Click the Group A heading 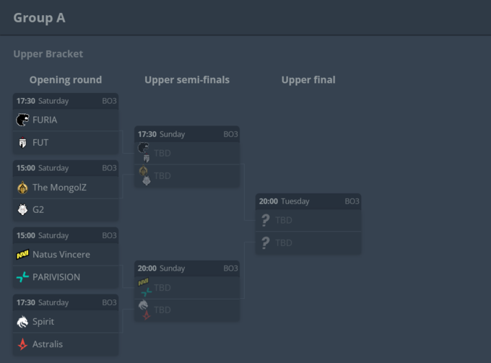39,17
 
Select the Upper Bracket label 48,54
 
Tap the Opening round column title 66,80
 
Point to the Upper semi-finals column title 187,80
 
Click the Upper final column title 308,80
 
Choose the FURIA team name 45,120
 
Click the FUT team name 40,143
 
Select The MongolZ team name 61,188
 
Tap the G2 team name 38,210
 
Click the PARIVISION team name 56,277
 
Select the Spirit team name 43,322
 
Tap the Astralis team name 48,344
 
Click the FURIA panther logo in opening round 22,120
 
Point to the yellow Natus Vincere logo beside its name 22,255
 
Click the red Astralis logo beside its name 22,344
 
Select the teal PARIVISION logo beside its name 22,277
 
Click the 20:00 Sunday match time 162,268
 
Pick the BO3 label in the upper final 352,201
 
